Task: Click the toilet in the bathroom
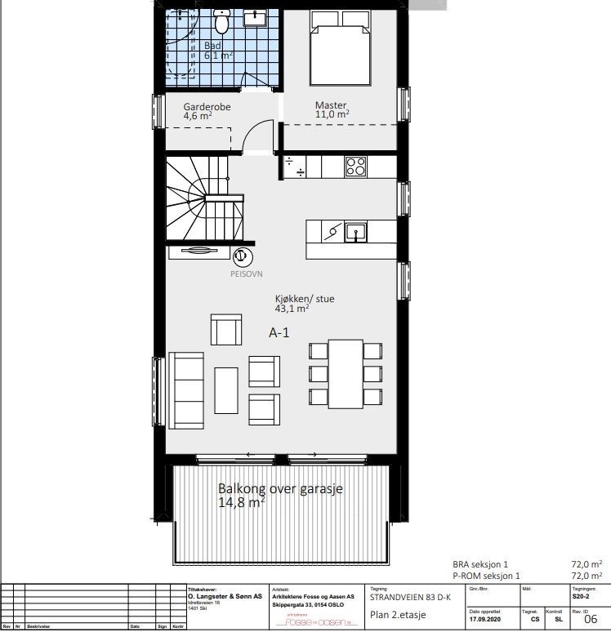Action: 221,18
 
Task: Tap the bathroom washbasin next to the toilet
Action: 256,16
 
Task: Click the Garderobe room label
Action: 207,106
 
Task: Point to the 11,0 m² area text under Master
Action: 332,115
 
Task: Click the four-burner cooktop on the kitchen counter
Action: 355,166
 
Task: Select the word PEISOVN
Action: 247,275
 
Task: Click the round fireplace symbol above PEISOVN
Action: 241,256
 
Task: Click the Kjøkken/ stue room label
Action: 304,299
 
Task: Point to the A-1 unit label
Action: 279,332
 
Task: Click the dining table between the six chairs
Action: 346,373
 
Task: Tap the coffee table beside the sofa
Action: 226,391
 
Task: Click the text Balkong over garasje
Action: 279,489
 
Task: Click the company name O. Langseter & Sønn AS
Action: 225,597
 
